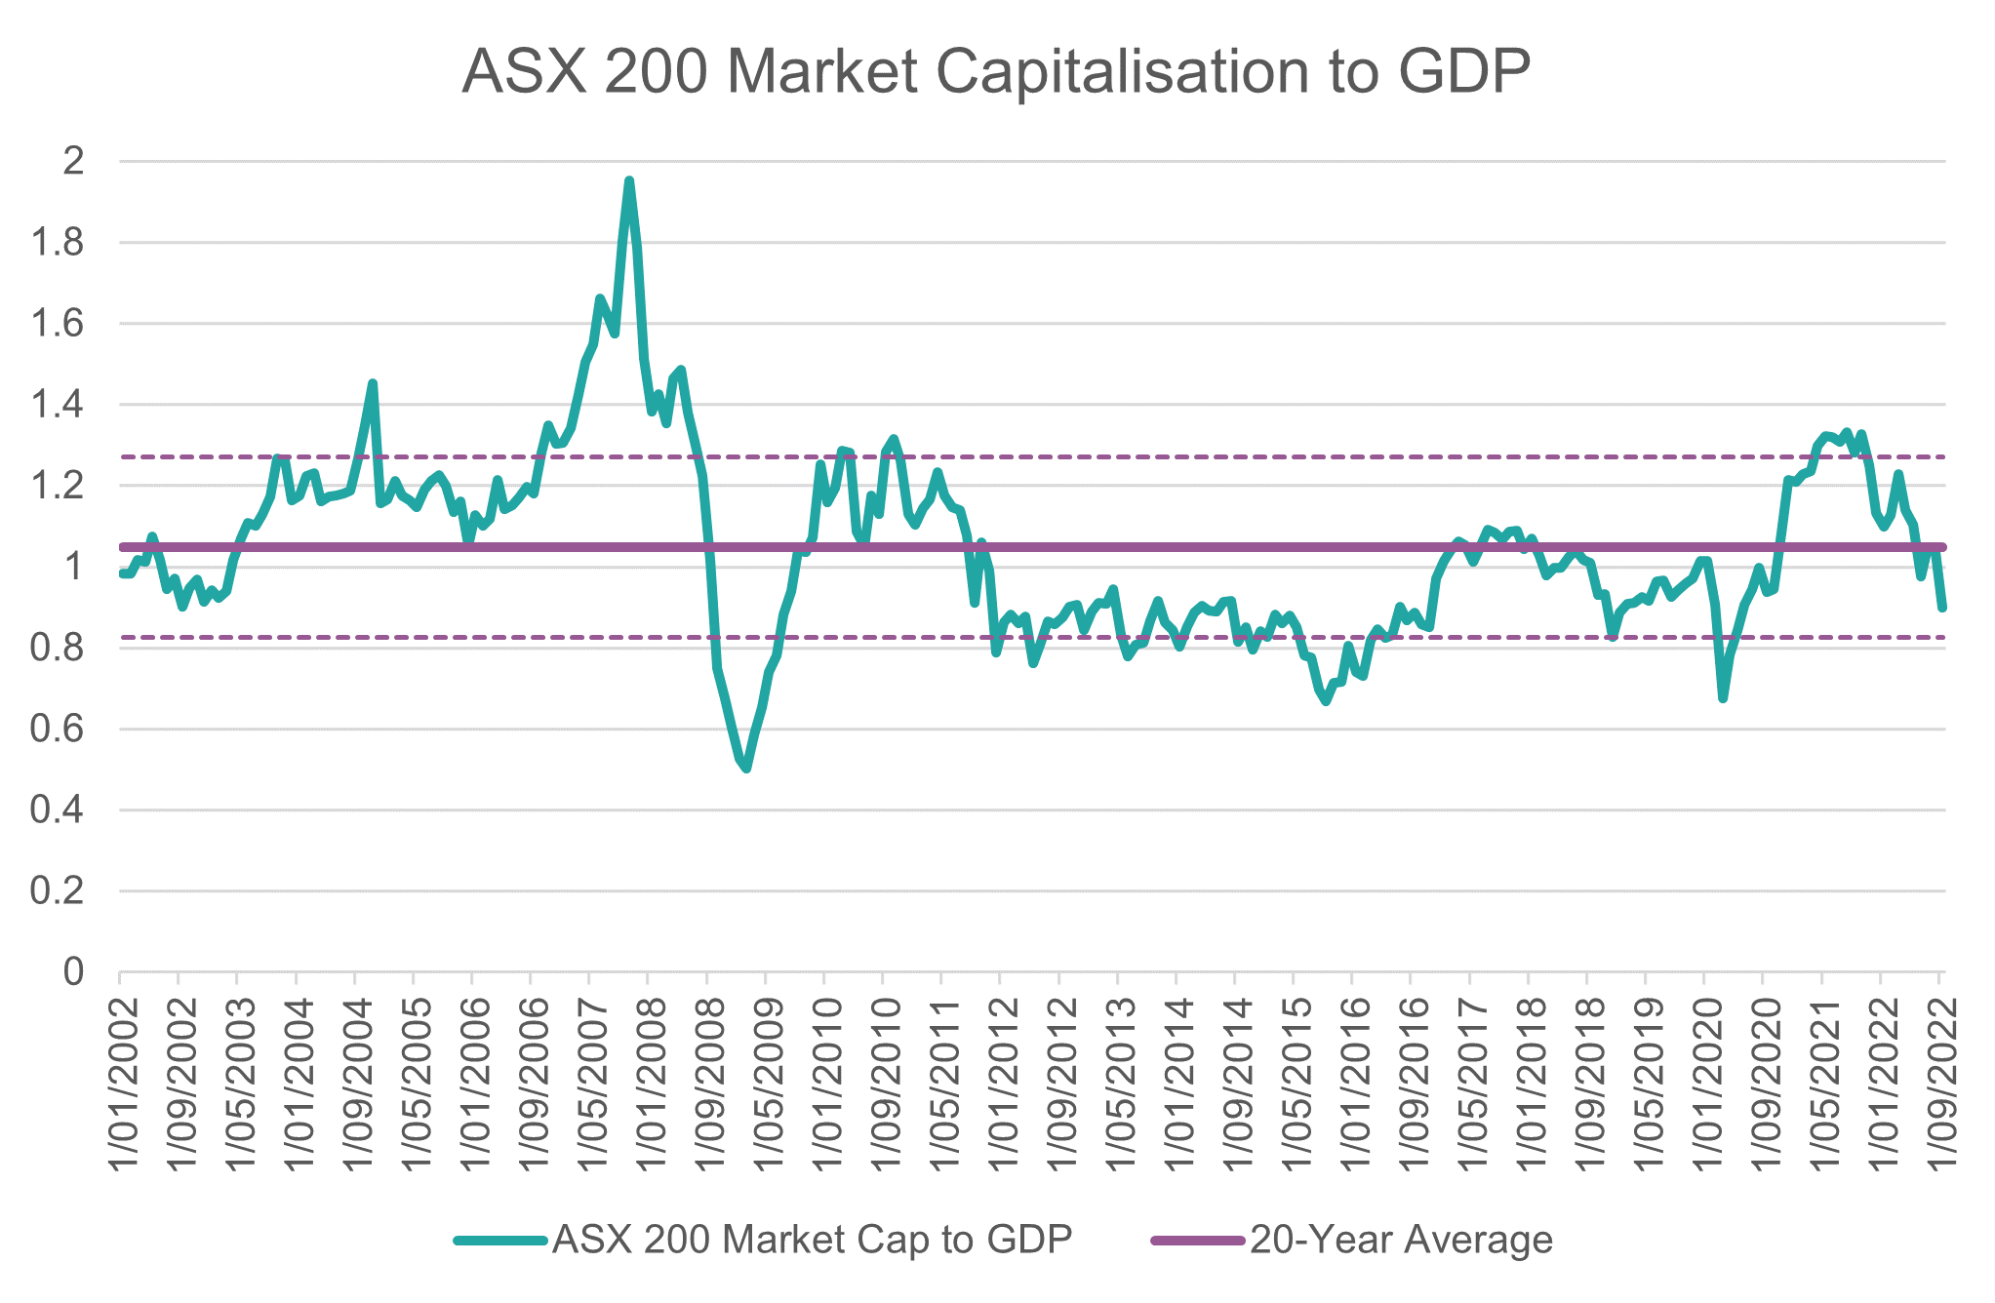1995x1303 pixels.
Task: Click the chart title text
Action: point(995,70)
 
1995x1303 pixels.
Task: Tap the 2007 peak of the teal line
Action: point(629,181)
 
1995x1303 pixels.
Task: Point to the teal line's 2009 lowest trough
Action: point(746,769)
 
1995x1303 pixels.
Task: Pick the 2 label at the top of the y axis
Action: point(73,162)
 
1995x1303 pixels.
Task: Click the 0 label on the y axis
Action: point(73,971)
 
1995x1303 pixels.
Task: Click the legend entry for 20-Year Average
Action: point(1401,1240)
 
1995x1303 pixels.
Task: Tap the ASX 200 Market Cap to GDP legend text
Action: point(812,1240)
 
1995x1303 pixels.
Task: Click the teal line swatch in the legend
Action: point(499,1241)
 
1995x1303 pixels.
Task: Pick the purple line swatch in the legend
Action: point(1198,1241)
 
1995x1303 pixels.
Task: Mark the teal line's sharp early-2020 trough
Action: point(1723,698)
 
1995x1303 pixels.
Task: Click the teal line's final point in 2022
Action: point(1942,608)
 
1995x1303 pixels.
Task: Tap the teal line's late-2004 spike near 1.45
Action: point(373,383)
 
